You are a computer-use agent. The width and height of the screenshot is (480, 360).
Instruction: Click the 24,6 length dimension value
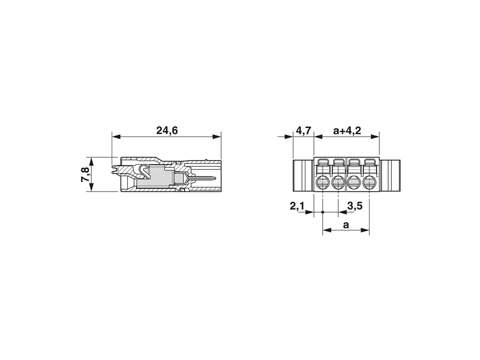coord(167,131)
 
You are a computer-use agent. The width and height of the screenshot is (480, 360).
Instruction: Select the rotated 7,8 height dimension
coord(85,175)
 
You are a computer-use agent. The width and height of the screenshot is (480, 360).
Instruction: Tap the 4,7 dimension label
coord(304,131)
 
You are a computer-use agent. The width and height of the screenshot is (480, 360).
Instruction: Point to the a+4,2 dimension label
coord(347,131)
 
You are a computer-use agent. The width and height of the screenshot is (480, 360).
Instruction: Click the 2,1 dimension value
coord(297,206)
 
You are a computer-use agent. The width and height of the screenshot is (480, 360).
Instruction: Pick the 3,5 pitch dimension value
coord(355,206)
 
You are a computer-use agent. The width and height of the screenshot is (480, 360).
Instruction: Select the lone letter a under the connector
coord(346,225)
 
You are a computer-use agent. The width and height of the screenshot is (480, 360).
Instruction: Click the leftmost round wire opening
coord(323,184)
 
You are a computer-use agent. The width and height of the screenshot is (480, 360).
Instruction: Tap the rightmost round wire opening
coord(369,184)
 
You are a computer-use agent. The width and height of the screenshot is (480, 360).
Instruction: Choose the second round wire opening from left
coord(338,184)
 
